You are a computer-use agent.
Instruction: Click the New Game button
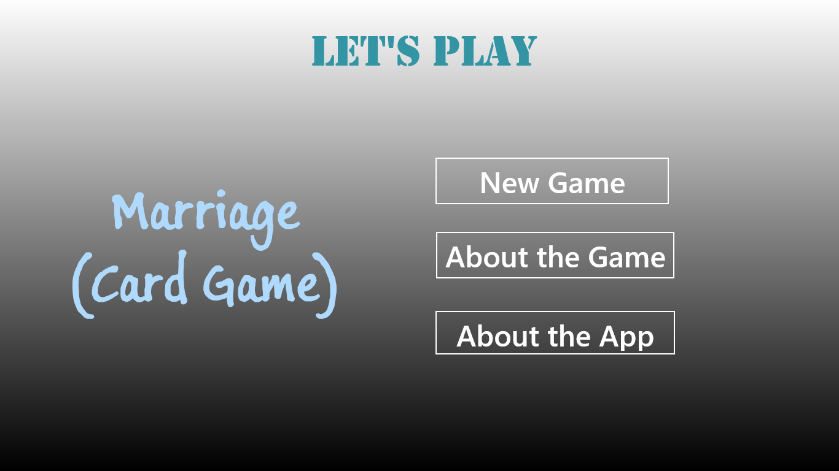(x=552, y=181)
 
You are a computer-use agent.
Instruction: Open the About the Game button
(x=555, y=255)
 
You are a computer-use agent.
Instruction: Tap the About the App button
(x=555, y=332)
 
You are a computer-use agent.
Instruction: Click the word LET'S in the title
(x=365, y=52)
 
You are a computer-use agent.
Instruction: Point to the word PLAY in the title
(x=485, y=52)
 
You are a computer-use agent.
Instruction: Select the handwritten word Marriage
(x=206, y=219)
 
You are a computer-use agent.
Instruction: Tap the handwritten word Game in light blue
(x=262, y=285)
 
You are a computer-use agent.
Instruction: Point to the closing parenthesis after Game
(x=327, y=285)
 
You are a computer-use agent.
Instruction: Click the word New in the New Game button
(x=509, y=183)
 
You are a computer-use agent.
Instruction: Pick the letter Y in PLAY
(x=523, y=52)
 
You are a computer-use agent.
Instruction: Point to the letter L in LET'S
(x=324, y=52)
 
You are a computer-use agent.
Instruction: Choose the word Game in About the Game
(x=626, y=258)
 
